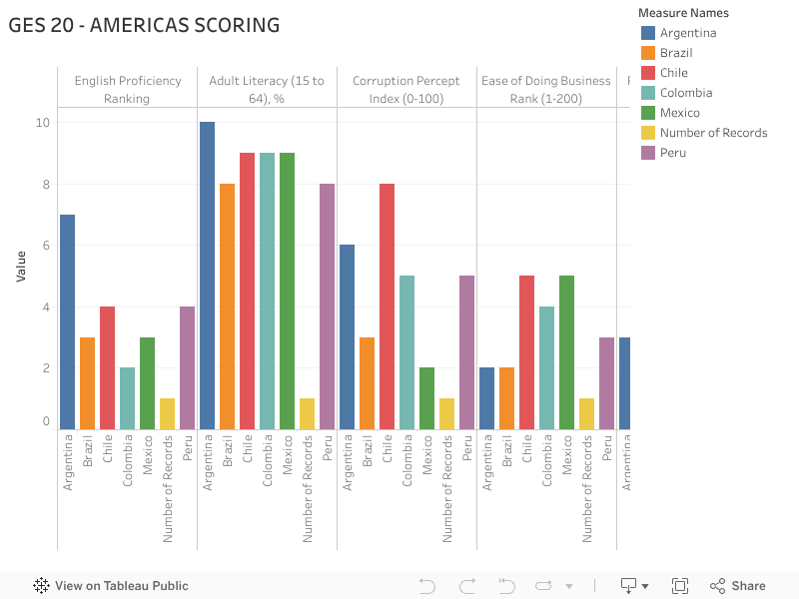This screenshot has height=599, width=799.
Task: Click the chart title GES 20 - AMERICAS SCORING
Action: [144, 25]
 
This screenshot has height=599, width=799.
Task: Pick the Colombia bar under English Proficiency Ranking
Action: [127, 398]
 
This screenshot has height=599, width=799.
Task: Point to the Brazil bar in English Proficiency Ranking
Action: [87, 383]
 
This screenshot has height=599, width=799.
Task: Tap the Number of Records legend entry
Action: [713, 133]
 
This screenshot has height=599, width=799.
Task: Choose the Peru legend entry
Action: [672, 153]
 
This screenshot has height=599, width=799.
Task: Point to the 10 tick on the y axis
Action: [42, 123]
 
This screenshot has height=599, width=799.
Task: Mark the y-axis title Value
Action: [20, 266]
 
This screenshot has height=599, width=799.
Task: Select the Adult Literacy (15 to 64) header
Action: [267, 89]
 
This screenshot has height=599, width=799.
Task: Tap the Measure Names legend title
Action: [683, 13]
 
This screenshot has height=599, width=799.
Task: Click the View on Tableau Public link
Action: [111, 586]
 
